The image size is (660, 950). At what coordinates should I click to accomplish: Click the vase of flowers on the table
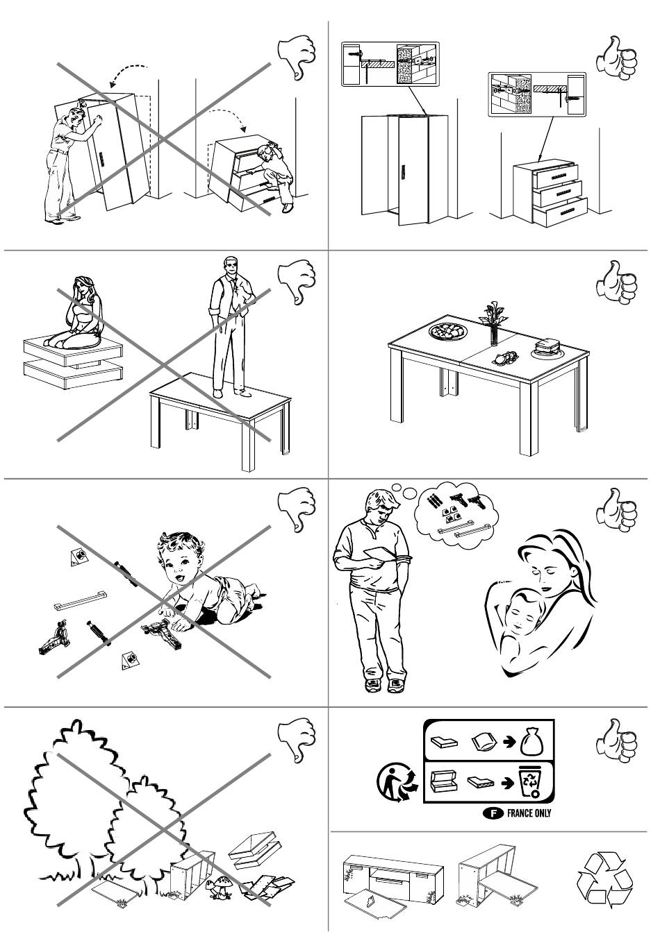[x=494, y=322]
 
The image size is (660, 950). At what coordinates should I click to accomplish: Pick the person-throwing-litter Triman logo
[x=396, y=782]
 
